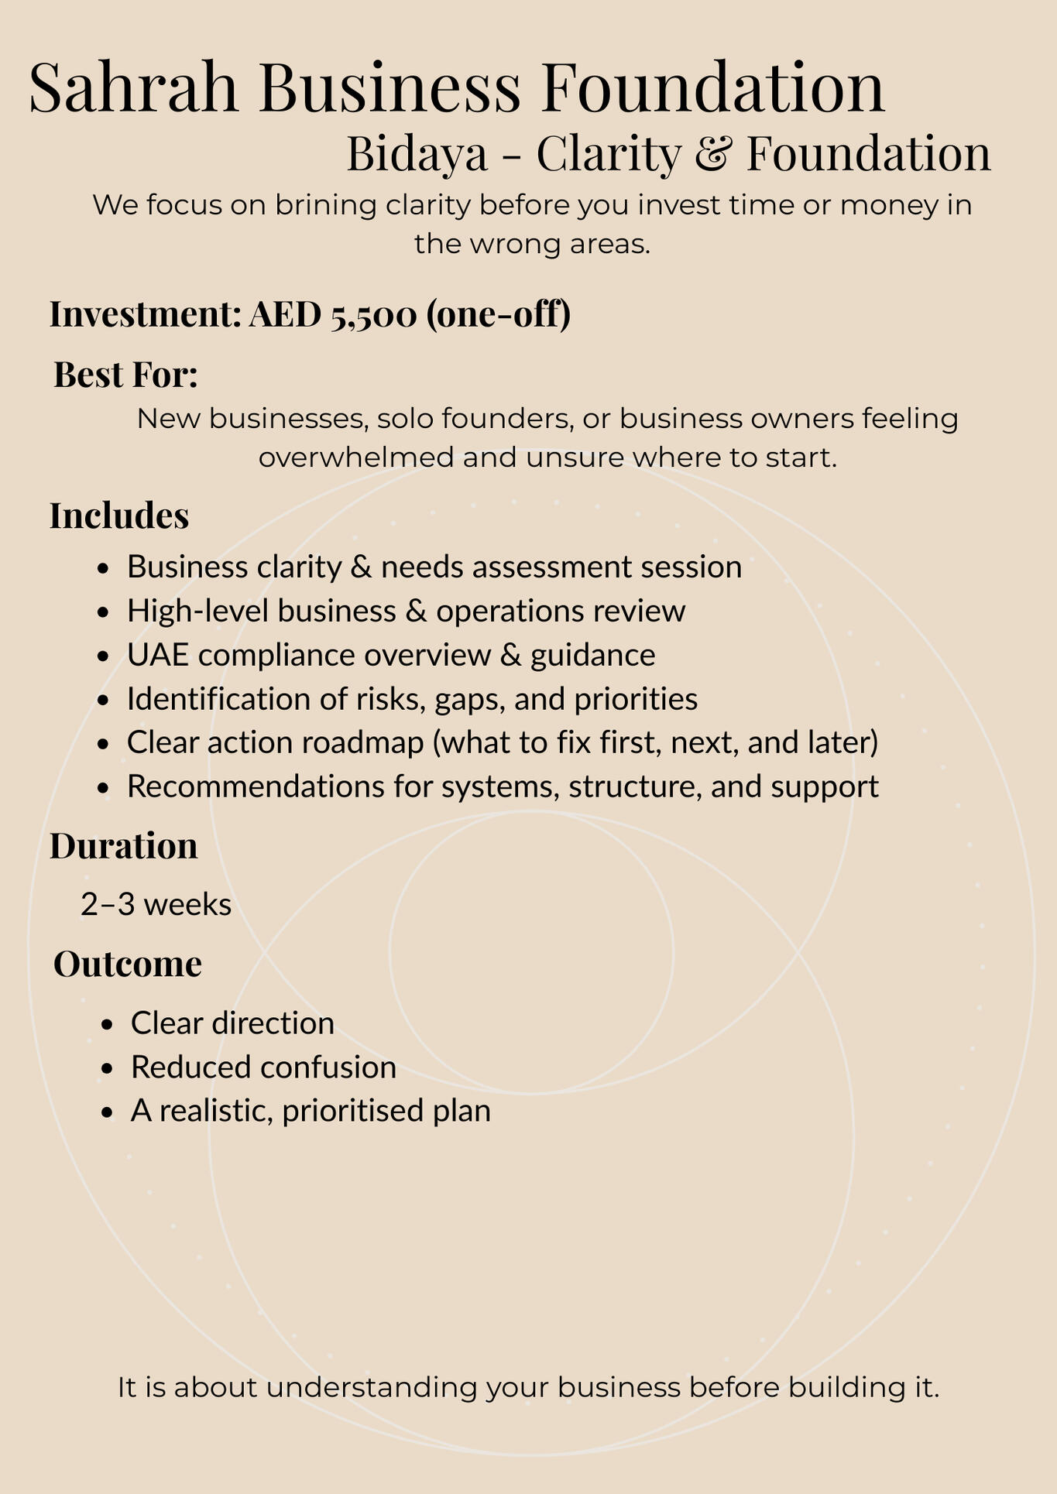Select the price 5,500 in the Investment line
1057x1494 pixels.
[x=373, y=315]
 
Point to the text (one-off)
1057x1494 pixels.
[x=498, y=315]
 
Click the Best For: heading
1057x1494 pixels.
[x=125, y=375]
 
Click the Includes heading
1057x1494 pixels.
[x=119, y=516]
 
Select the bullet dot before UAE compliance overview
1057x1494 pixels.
[x=104, y=656]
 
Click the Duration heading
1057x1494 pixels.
[x=124, y=846]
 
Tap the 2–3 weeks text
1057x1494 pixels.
[x=156, y=904]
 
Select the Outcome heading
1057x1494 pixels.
[x=128, y=965]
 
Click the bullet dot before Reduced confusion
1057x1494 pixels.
[x=108, y=1068]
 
